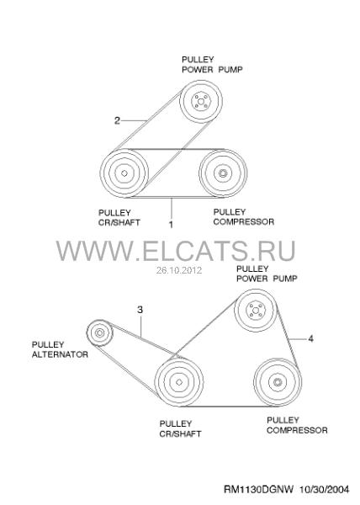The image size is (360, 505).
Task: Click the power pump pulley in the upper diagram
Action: [201, 102]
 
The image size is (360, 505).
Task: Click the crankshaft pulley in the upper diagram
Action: [124, 173]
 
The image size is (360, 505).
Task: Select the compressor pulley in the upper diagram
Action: [223, 173]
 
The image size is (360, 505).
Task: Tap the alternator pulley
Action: [100, 332]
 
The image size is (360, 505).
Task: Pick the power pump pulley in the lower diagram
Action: [256, 310]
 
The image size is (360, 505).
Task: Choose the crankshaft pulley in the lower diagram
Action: [179, 382]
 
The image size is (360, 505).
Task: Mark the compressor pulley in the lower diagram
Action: [278, 382]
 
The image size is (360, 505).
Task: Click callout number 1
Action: [171, 225]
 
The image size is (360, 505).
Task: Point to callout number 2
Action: [117, 120]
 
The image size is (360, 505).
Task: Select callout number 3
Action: [140, 310]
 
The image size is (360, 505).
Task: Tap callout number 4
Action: [310, 338]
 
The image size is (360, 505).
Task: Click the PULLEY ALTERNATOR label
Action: [60, 349]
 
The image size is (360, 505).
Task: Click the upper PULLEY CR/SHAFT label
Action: [119, 218]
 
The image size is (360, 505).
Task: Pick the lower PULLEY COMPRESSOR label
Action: [297, 425]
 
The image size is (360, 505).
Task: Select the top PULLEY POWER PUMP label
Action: [212, 65]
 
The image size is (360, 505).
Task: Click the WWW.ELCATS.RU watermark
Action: [176, 251]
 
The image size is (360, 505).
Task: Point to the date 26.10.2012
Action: [179, 270]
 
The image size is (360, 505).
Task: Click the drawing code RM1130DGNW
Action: [259, 490]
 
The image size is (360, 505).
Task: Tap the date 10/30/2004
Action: [325, 490]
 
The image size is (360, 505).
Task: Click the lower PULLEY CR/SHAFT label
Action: [180, 428]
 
